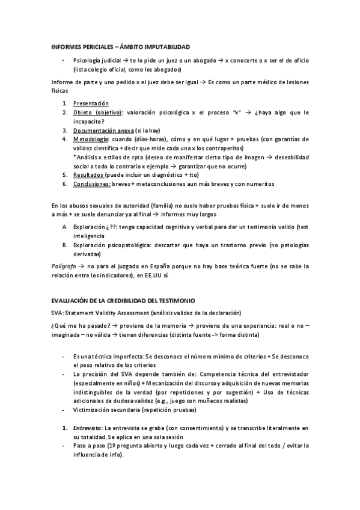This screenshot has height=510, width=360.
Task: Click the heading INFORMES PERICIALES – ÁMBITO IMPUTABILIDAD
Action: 121,46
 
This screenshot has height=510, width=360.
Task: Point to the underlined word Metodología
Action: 93,140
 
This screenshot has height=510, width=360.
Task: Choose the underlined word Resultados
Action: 90,175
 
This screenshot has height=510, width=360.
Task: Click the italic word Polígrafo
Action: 66,265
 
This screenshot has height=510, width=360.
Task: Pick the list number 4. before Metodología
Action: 65,140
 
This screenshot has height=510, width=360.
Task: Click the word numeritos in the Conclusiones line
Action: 259,184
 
